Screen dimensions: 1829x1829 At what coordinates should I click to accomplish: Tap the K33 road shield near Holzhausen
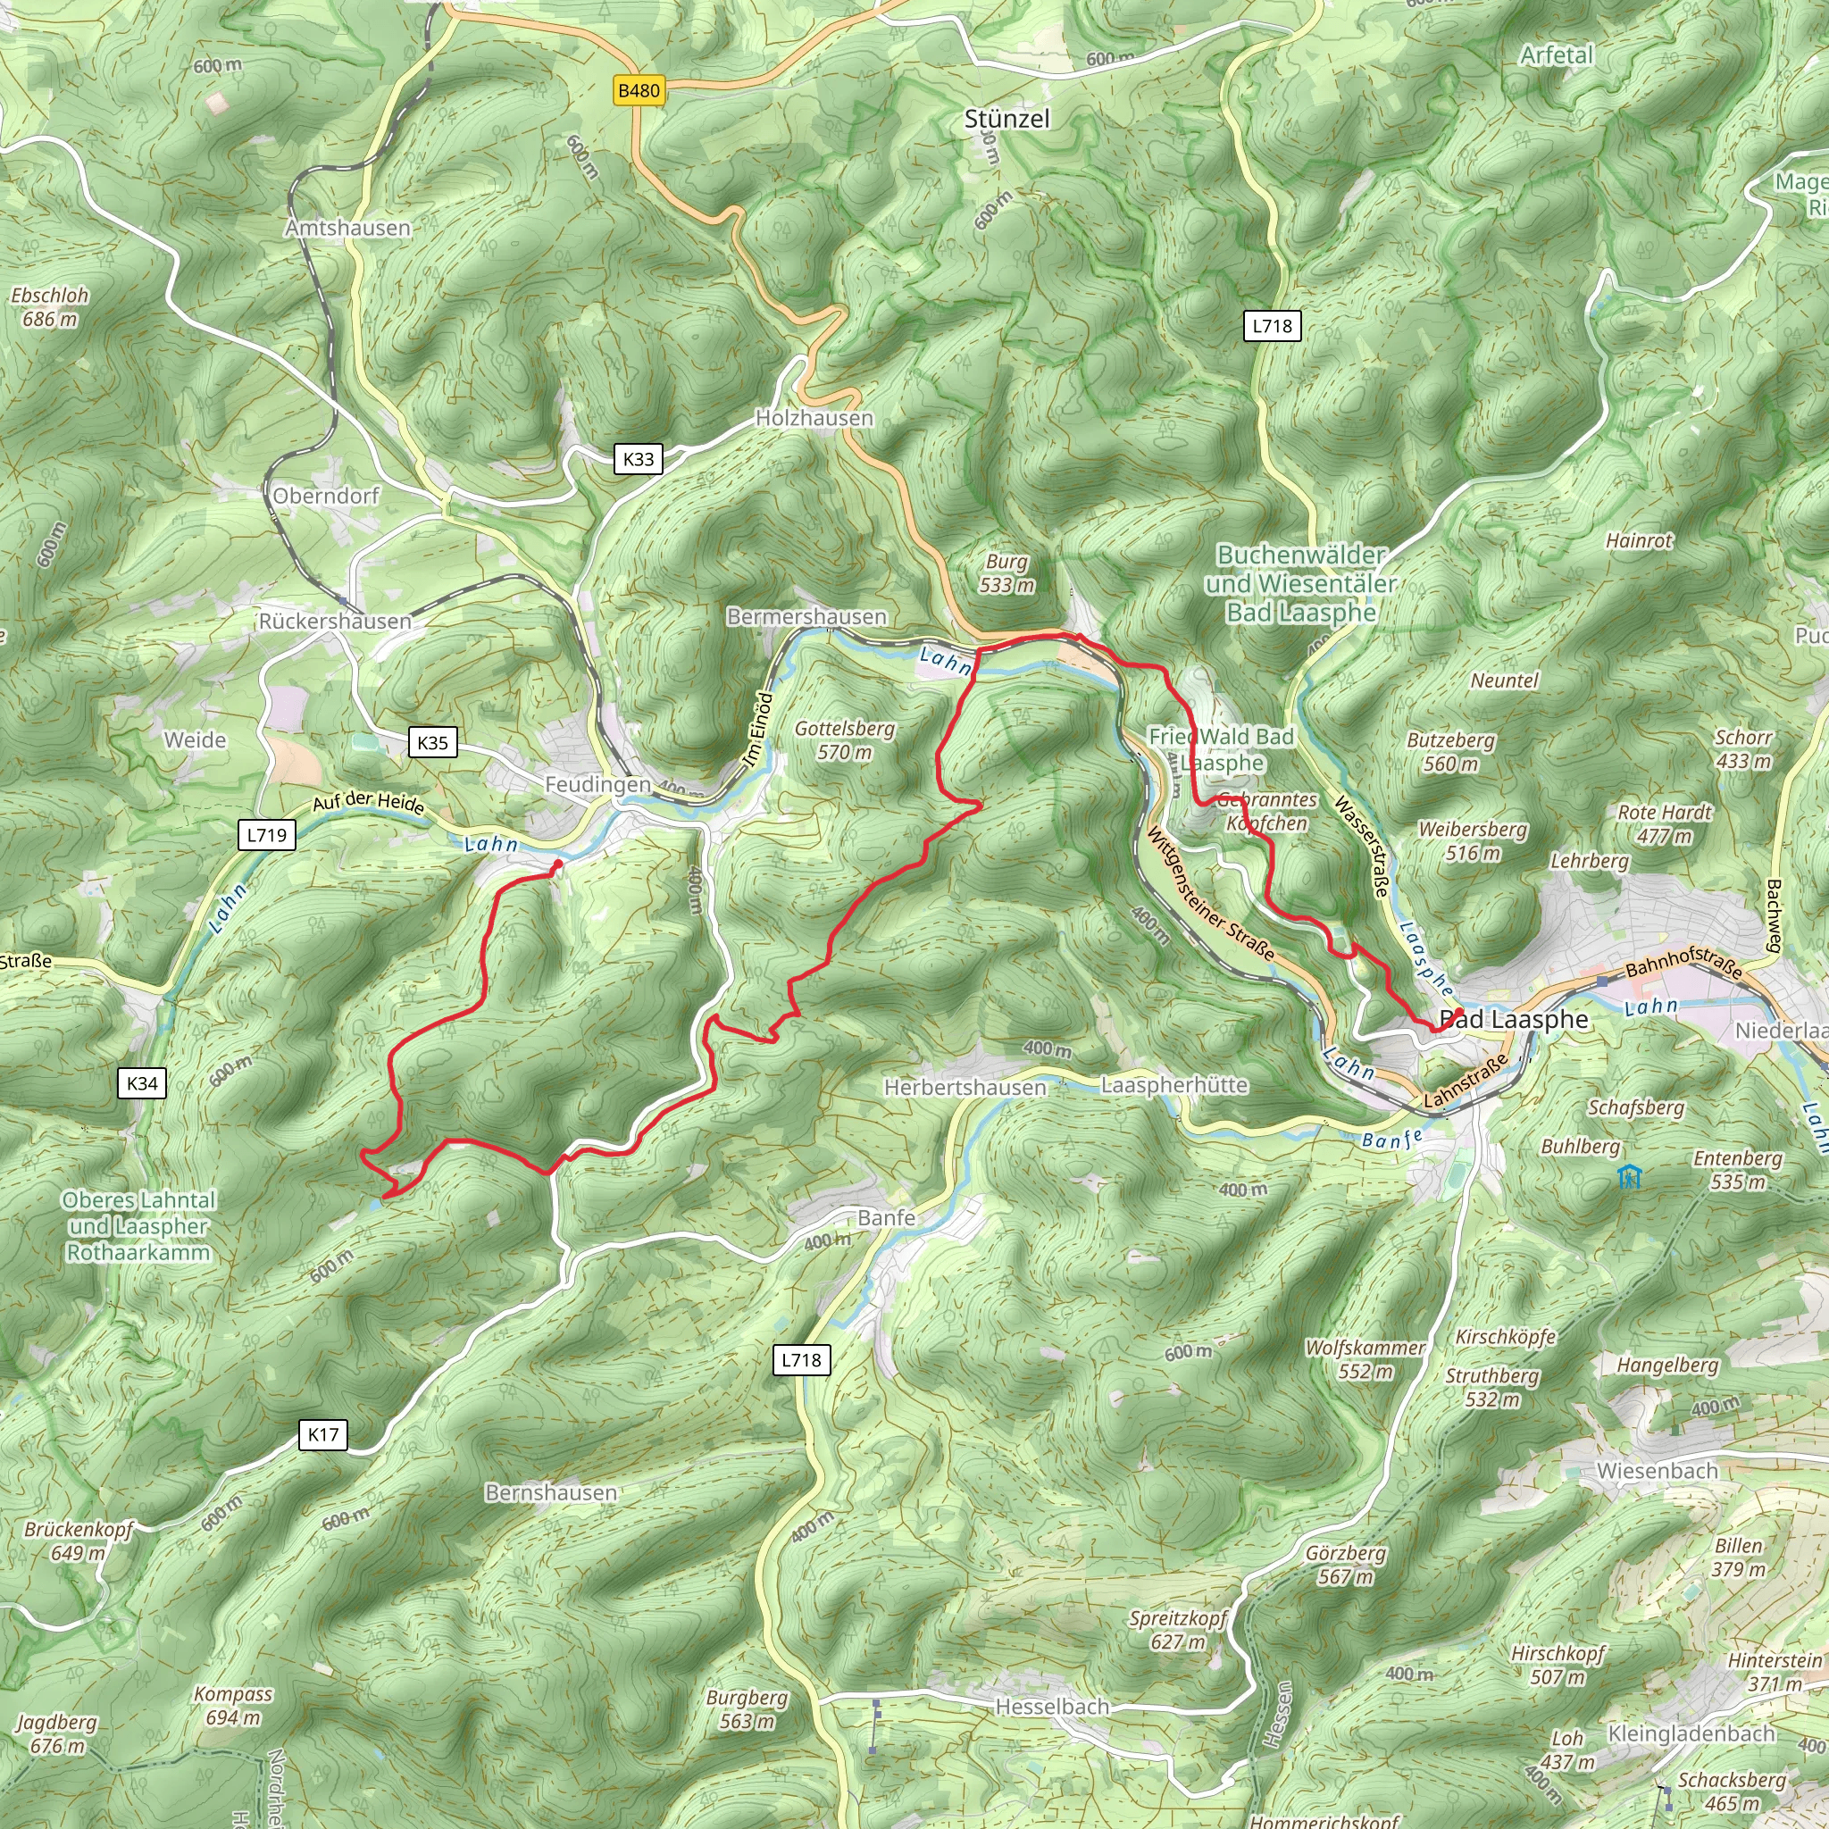638,459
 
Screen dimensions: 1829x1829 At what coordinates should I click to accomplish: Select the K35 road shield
432,742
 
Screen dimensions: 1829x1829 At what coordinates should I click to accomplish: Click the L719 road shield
266,835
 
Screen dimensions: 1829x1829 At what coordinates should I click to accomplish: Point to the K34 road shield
142,1083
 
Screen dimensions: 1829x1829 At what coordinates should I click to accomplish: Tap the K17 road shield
322,1434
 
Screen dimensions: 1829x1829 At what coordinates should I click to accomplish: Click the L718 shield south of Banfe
802,1360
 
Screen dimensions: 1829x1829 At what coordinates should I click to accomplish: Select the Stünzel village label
1007,120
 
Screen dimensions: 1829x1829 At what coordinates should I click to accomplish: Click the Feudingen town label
597,785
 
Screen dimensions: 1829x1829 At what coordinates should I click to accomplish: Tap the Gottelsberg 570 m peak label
845,740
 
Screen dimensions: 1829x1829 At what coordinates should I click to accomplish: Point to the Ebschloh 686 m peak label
49,306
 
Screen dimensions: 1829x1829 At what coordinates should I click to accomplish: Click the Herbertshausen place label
965,1088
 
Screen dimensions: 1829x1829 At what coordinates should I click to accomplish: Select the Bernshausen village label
551,1493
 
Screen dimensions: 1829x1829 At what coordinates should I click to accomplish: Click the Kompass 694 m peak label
233,1706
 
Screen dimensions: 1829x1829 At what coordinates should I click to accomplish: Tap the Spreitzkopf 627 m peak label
1178,1630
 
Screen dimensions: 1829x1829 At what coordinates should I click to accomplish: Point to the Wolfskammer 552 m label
1365,1359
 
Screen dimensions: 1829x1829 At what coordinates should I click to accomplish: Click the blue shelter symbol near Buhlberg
1629,1177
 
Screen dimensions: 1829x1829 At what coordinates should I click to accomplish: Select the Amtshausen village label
348,228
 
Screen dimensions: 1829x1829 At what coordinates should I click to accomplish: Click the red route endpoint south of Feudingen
557,864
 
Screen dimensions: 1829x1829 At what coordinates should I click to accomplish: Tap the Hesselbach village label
1052,1707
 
